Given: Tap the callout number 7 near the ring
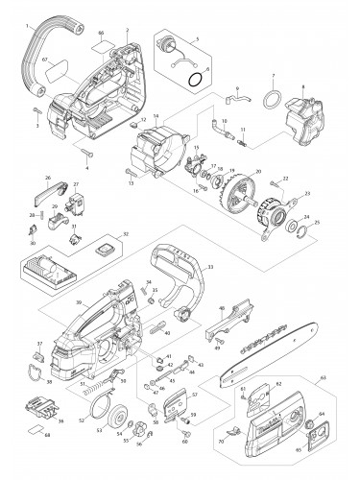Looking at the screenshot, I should [x=273, y=76].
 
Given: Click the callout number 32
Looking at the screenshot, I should [x=124, y=233].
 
